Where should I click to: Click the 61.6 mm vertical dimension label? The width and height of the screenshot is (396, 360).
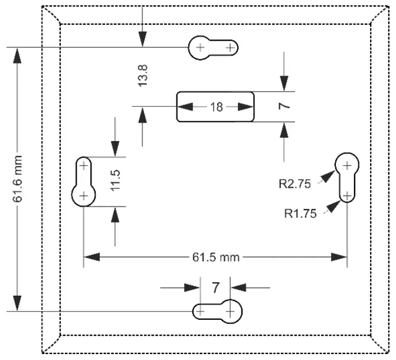18,178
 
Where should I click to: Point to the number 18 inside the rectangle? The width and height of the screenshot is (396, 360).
216,107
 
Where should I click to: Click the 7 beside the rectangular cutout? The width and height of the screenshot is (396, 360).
284,107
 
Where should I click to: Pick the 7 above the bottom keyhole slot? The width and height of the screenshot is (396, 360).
215,287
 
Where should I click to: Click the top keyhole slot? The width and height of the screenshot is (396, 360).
213,47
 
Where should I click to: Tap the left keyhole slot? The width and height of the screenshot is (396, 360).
84,181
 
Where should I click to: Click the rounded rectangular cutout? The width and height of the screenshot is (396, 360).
216,107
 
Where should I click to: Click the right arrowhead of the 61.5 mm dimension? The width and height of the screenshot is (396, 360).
340,257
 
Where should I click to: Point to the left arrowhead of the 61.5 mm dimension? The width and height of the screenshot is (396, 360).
91,257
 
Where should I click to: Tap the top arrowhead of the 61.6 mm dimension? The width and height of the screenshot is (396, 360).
18,55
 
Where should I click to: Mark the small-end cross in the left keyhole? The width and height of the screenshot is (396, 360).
84,165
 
